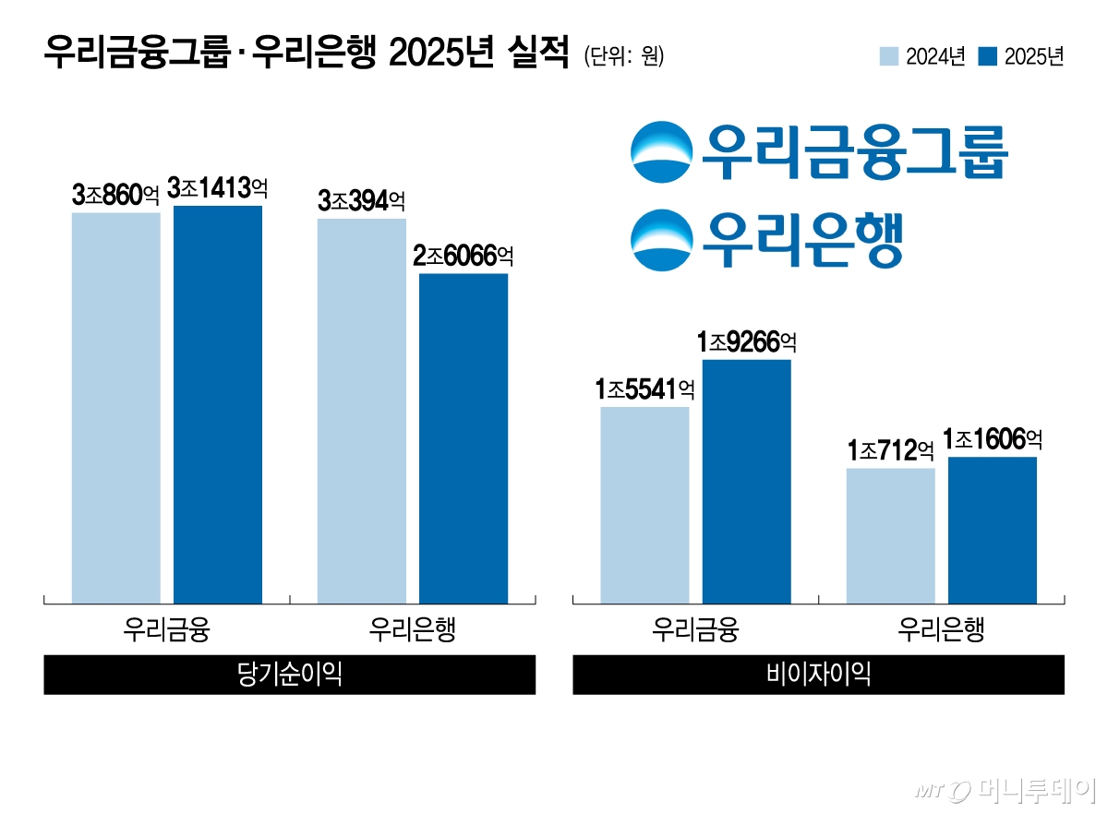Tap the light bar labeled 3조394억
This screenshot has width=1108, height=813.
pyautogui.click(x=362, y=411)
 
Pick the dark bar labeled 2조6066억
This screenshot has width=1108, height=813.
pyautogui.click(x=464, y=438)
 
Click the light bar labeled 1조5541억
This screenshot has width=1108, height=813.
pyautogui.click(x=644, y=505)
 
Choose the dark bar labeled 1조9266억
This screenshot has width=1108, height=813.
pyautogui.click(x=747, y=481)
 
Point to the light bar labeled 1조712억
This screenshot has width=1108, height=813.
pyautogui.click(x=890, y=535)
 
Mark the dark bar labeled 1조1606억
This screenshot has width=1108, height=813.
pyautogui.click(x=993, y=530)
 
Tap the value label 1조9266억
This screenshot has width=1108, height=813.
pyautogui.click(x=747, y=342)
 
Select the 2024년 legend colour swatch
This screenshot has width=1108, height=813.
pyautogui.click(x=889, y=57)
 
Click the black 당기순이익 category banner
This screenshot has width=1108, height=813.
pyautogui.click(x=289, y=675)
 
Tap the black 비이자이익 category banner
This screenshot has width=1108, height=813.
pyautogui.click(x=818, y=675)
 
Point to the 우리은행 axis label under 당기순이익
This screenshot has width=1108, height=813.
pyautogui.click(x=412, y=630)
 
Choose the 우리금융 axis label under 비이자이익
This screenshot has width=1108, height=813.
pyautogui.click(x=694, y=630)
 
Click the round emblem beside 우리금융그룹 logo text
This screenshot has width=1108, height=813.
pyautogui.click(x=661, y=152)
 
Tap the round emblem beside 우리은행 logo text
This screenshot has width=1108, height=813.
pyautogui.click(x=661, y=240)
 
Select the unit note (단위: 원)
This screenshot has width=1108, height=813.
pyautogui.click(x=623, y=56)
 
